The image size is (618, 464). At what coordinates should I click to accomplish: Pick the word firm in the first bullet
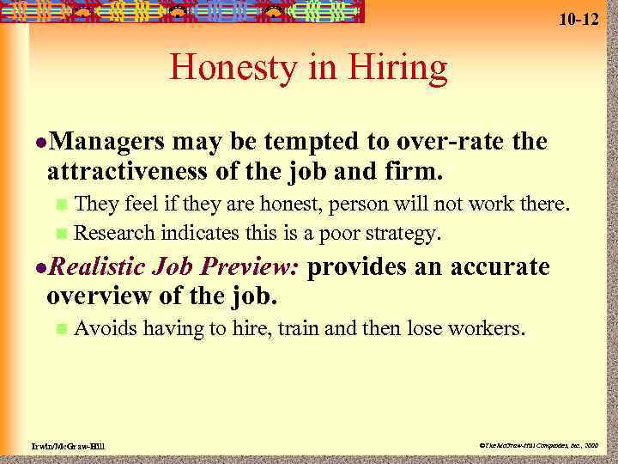click(x=415, y=171)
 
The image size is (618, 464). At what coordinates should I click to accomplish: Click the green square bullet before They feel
click(x=60, y=205)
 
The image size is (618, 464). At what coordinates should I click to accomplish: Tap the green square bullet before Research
click(x=60, y=233)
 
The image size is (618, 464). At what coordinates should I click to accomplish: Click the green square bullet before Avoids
click(x=60, y=328)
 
